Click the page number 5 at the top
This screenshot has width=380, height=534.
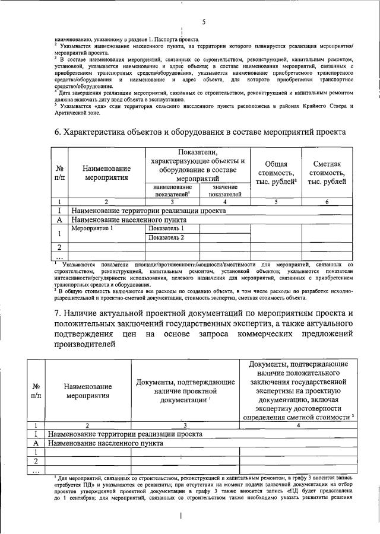[x=203, y=23]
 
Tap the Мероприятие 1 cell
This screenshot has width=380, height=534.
[x=91, y=228]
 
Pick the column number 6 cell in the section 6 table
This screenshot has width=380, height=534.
[x=327, y=202]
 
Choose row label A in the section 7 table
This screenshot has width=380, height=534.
[x=36, y=443]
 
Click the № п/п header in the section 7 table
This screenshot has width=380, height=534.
[x=36, y=392]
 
